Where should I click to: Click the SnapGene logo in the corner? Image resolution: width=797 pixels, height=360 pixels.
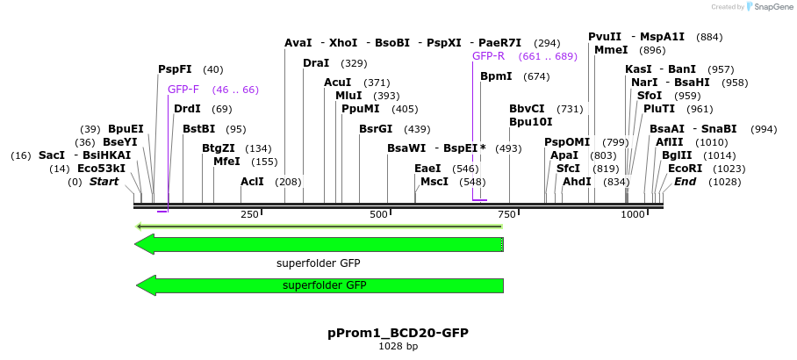pyautogui.click(x=769, y=7)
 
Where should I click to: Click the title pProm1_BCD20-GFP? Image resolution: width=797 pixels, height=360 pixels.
pyautogui.click(x=398, y=333)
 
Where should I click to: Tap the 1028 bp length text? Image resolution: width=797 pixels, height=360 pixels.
pyautogui.click(x=398, y=347)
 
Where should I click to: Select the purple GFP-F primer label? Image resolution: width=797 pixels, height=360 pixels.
pyautogui.click(x=183, y=90)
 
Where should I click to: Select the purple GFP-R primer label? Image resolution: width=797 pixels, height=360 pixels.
pyautogui.click(x=488, y=56)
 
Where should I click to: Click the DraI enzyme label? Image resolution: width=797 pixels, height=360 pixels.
pyautogui.click(x=316, y=63)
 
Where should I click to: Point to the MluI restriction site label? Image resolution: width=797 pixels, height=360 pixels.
pyautogui.click(x=349, y=96)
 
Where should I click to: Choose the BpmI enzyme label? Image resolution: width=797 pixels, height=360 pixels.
pyautogui.click(x=496, y=76)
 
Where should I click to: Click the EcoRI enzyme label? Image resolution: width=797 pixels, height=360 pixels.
pyautogui.click(x=686, y=169)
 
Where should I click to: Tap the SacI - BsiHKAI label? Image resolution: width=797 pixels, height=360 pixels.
pyautogui.click(x=84, y=155)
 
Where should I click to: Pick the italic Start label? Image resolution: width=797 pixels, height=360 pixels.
pyautogui.click(x=104, y=182)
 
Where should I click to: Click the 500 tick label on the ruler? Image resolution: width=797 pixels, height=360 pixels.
pyautogui.click(x=378, y=215)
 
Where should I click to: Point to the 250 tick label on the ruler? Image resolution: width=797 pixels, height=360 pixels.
pyautogui.click(x=249, y=215)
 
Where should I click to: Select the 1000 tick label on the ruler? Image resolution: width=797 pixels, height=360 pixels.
pyautogui.click(x=633, y=215)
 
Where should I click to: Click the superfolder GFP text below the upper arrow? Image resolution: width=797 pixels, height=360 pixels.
pyautogui.click(x=318, y=263)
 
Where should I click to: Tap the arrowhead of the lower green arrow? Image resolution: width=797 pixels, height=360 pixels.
pyautogui.click(x=146, y=285)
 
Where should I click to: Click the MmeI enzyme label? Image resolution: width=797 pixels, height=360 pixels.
pyautogui.click(x=612, y=50)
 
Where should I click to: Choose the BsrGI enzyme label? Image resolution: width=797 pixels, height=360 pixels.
pyautogui.click(x=376, y=129)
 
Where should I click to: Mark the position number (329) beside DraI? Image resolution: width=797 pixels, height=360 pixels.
pyautogui.click(x=354, y=63)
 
